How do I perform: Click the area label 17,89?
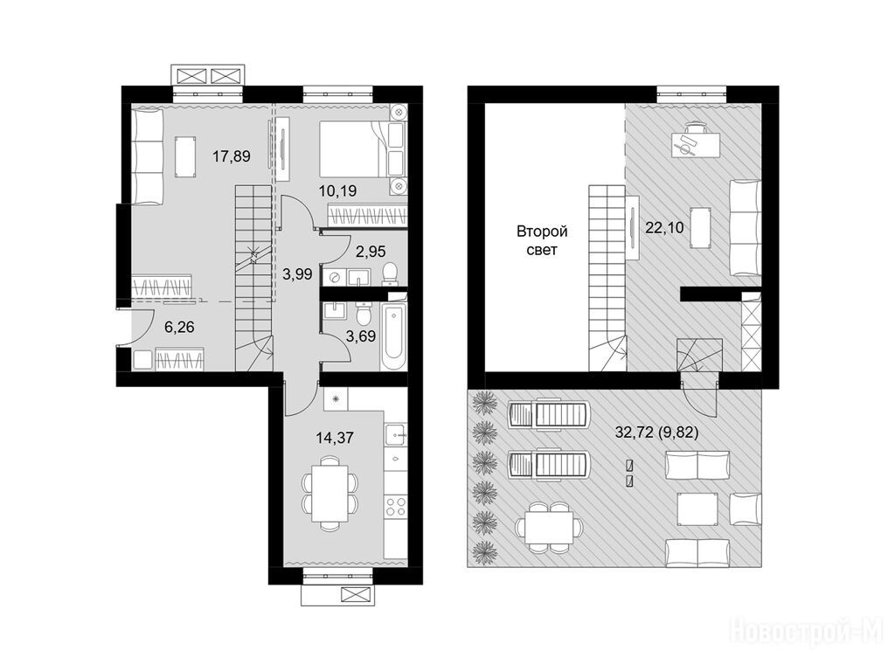pyautogui.click(x=231, y=156)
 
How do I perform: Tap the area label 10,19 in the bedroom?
pyautogui.click(x=337, y=190)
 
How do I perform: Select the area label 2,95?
pyautogui.click(x=371, y=251)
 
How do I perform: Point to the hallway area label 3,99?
pyautogui.click(x=297, y=274)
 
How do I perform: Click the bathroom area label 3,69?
pyautogui.click(x=361, y=336)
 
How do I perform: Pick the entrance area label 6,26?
pyautogui.click(x=178, y=327)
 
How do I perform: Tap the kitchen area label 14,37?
pyautogui.click(x=335, y=438)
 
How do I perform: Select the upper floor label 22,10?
pyautogui.click(x=664, y=228)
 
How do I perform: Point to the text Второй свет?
pyautogui.click(x=542, y=240)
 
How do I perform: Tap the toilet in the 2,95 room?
pyautogui.click(x=391, y=273)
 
